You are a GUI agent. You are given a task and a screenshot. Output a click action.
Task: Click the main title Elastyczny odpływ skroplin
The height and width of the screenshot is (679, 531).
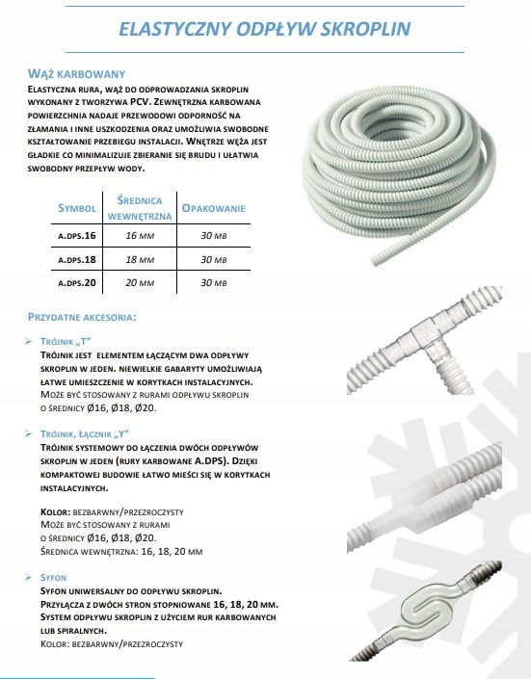[x=266, y=30]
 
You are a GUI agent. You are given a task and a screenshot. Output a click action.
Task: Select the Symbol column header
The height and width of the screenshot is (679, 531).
[x=77, y=207]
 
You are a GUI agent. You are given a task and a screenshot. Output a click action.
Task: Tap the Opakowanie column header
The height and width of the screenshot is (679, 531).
[x=214, y=207]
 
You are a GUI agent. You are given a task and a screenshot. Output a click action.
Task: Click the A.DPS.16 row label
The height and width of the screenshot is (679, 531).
[x=77, y=234]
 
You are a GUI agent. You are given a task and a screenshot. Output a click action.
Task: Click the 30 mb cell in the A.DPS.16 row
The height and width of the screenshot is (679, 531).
[x=214, y=234]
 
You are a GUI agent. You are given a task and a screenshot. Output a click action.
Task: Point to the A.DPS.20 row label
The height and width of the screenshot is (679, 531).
[x=77, y=283]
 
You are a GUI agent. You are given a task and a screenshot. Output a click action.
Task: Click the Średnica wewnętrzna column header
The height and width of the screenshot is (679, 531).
[x=146, y=208]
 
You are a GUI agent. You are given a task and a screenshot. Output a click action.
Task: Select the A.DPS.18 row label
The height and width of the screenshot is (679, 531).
[x=77, y=259]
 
